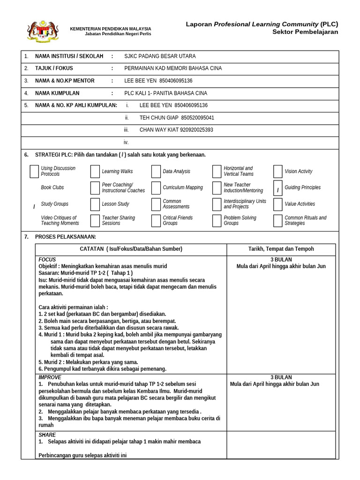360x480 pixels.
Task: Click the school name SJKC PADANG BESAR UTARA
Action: coord(160,56)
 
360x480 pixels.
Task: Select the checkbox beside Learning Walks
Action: coord(95,172)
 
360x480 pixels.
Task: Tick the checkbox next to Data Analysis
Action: coord(156,172)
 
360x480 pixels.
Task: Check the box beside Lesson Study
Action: coord(95,204)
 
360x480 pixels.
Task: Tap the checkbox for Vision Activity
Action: coord(277,172)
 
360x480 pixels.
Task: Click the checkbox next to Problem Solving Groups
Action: coord(217,221)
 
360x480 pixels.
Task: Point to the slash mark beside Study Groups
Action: coord(34,207)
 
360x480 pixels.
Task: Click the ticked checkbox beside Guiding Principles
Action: coord(277,187)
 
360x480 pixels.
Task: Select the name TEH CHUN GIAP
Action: coord(159,118)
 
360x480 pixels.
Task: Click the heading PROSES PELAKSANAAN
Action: coord(65,237)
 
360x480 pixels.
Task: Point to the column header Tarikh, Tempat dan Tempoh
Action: coord(281,249)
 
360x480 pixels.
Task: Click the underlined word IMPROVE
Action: coord(50,377)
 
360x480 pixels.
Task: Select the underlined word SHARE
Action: coord(47,435)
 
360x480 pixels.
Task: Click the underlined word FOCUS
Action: coord(47,260)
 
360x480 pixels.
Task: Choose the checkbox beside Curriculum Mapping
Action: coord(156,187)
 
